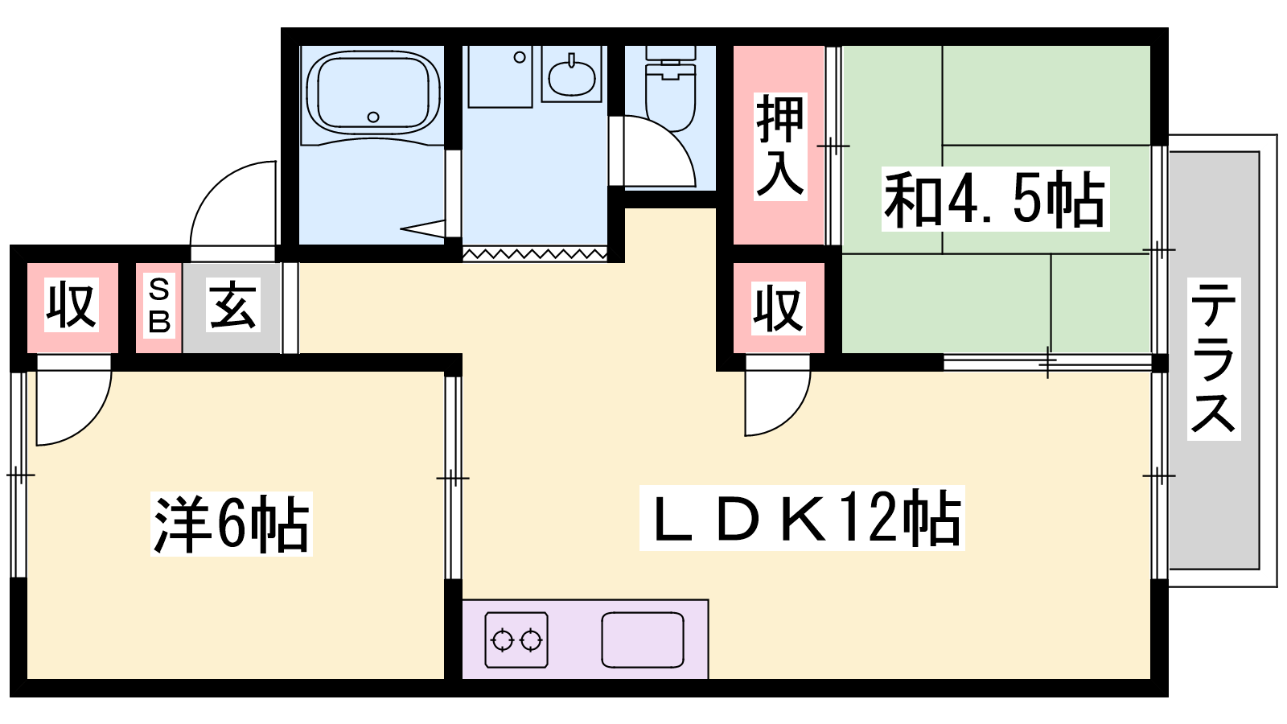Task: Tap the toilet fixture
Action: click(671, 89)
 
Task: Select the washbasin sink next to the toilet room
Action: click(571, 76)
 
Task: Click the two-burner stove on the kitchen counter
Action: click(516, 640)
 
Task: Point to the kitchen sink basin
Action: click(643, 640)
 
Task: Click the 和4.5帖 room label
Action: click(995, 199)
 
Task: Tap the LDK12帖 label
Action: click(802, 518)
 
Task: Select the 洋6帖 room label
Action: click(231, 524)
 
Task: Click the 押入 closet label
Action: click(779, 146)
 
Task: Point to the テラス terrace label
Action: click(1214, 359)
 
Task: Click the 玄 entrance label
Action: click(232, 305)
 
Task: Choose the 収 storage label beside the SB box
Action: click(72, 305)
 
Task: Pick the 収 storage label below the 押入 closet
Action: click(779, 309)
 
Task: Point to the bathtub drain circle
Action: click(373, 117)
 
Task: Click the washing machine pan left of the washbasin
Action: click(500, 76)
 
